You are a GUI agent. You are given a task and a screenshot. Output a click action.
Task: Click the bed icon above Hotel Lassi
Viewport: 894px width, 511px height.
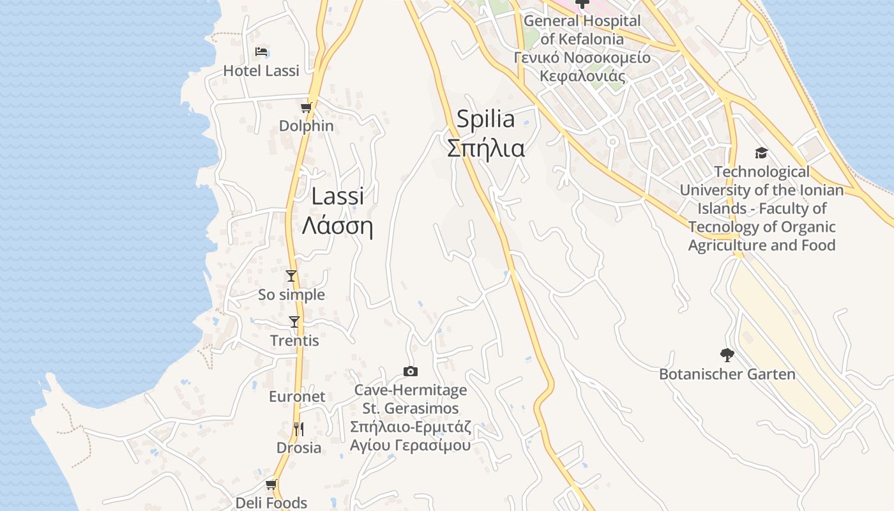coord(261,52)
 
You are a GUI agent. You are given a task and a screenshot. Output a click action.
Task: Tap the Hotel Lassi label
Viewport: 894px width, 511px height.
coord(261,71)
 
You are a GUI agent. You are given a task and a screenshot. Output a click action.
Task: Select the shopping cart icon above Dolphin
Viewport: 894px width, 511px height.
coord(307,107)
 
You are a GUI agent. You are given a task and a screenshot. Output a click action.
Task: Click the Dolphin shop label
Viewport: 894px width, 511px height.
coord(307,126)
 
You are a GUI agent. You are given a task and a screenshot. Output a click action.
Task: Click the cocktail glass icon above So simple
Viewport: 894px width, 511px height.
coord(291,276)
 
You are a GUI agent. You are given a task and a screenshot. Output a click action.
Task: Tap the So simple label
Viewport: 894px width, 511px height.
coord(291,295)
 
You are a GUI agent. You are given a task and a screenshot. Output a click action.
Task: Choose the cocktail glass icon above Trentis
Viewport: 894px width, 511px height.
coord(294,322)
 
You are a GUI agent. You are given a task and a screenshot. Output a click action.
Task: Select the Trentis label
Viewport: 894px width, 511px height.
coord(294,341)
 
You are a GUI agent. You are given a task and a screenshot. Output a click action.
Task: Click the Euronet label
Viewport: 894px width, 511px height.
coord(297,397)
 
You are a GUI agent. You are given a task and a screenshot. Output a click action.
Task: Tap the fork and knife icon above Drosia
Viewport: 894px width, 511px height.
coord(298,429)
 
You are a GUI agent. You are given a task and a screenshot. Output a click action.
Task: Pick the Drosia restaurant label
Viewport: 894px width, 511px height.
coord(299,448)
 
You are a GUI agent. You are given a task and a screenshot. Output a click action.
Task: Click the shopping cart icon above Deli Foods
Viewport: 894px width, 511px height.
coord(271,485)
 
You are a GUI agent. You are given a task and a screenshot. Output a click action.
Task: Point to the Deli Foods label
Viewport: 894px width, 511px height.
coord(271,503)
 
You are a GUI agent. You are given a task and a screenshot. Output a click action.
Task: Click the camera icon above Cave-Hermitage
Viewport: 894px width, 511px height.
coord(411,371)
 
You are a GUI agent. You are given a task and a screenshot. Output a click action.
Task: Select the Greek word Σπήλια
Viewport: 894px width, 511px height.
coord(486,148)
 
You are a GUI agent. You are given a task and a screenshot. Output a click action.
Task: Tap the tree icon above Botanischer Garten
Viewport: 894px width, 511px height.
coord(727,355)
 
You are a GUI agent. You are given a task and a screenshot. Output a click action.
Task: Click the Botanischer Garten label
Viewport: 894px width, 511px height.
coord(727,374)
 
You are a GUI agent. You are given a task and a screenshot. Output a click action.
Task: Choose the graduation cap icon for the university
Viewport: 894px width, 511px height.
coord(761,153)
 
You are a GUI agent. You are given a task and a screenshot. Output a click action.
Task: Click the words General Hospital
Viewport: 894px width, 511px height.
coord(582,21)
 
